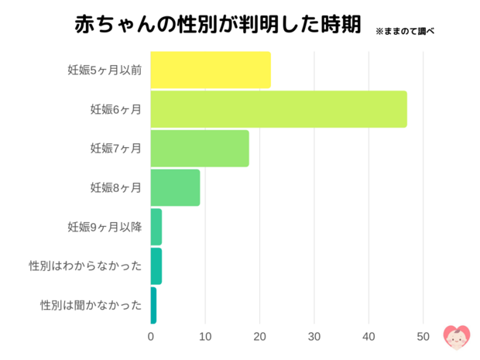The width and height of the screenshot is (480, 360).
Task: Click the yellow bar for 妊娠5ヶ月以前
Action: point(210,70)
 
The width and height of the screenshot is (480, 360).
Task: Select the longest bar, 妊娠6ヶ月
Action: point(278,109)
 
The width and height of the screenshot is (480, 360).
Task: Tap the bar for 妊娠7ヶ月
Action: point(199,149)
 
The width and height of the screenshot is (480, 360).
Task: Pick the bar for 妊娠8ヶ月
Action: point(175,187)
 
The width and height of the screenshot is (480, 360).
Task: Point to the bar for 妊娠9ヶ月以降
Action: point(156,227)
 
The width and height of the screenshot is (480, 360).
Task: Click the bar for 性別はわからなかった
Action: point(156,266)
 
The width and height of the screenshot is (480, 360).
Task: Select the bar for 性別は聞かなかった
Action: point(153,305)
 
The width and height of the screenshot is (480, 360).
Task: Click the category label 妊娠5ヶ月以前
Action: point(105,70)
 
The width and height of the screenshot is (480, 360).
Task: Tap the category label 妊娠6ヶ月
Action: point(116,110)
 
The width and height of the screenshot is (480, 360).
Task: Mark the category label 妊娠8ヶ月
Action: point(116,188)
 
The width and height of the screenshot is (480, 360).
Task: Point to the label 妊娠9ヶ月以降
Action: point(105,227)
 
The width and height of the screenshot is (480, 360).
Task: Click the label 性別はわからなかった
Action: point(85,266)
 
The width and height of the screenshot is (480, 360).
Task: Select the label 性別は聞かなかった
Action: point(91,305)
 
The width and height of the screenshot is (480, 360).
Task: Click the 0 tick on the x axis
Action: point(151,337)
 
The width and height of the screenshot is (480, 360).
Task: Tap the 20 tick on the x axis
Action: point(259,337)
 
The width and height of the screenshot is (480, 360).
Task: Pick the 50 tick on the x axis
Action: point(423,337)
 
